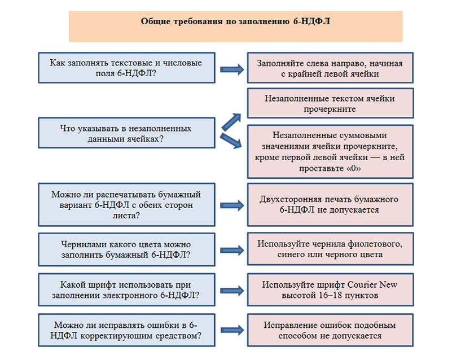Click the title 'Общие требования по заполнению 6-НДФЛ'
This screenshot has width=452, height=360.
coord(235,21)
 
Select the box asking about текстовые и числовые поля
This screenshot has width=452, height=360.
coord(126,68)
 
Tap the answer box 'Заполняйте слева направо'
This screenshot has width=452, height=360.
coord(330,68)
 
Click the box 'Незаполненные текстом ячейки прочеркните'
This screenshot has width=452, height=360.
coord(330,103)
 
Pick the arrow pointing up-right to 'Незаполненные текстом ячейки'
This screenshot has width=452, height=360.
coord(231,122)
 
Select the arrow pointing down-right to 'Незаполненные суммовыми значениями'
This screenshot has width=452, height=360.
coord(231,141)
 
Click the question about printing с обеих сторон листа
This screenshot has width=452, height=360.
coord(126,205)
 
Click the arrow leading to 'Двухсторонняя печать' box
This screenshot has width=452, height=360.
coord(232,205)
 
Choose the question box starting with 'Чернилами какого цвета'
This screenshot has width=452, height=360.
coord(126,249)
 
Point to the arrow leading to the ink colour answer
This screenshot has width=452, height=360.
coord(232,250)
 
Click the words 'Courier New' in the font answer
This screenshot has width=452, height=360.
coord(372,284)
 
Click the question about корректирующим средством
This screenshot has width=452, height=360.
coord(126,330)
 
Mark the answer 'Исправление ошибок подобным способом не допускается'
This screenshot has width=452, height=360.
coord(330,330)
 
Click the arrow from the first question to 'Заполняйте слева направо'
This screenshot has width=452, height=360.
coord(232,69)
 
